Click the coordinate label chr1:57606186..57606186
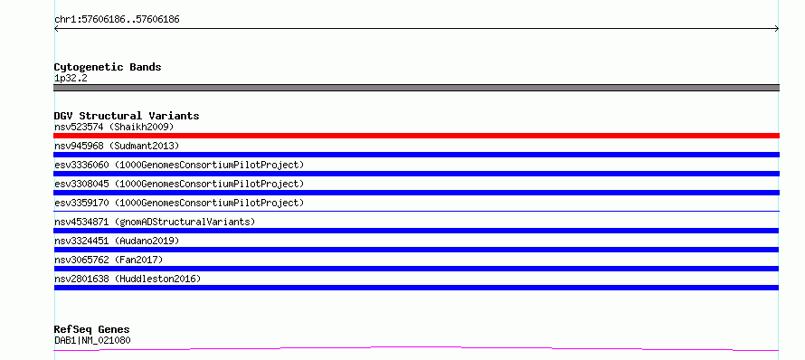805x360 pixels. coord(117,20)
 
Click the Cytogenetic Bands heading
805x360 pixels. coord(108,67)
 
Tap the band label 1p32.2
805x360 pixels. coord(71,79)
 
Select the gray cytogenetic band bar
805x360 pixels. coord(416,88)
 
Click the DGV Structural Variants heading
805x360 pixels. coord(127,116)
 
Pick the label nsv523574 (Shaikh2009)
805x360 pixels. coord(115,127)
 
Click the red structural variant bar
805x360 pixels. coord(416,136)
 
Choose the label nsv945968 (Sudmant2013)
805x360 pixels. coord(117,147)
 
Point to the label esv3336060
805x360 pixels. coord(81,165)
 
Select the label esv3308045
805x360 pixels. coord(81,184)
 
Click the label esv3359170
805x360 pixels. coord(81,203)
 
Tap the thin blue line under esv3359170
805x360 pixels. coord(416,211)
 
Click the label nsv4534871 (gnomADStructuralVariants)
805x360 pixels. coord(155,223)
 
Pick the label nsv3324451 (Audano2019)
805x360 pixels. coord(117,241)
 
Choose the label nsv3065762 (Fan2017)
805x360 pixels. coord(109,260)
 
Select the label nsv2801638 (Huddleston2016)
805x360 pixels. coord(128,279)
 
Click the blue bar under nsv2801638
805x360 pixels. coord(416,288)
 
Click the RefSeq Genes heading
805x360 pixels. coord(92,330)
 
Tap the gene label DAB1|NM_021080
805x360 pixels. coord(92,340)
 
